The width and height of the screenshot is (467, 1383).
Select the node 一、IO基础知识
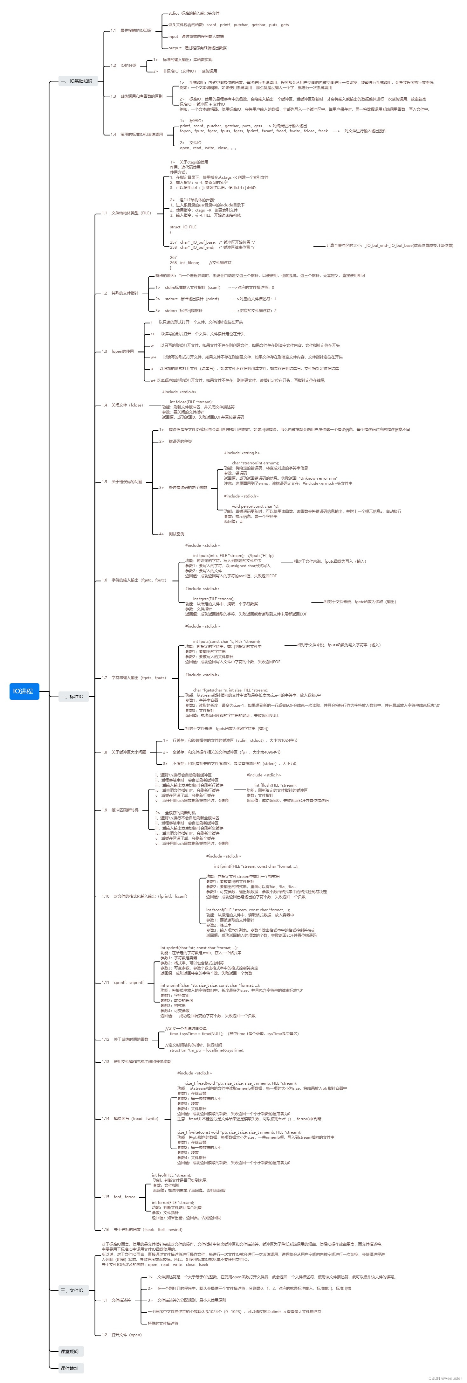pos(76,81)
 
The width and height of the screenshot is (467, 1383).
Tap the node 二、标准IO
pos(72,696)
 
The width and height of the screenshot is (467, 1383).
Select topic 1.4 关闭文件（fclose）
pos(122,405)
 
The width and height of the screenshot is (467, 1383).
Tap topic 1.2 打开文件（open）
pos(122,1335)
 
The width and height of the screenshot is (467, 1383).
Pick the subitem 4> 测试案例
pos(172,534)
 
